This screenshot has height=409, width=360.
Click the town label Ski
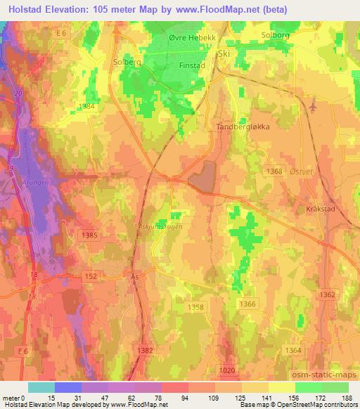pyautogui.click(x=225, y=53)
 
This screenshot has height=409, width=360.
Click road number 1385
pyautogui.click(x=89, y=235)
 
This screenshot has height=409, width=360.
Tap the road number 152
pyautogui.click(x=91, y=278)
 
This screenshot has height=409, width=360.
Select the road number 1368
pyautogui.click(x=275, y=171)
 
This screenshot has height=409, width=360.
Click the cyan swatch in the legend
pyautogui.click(x=41, y=387)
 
